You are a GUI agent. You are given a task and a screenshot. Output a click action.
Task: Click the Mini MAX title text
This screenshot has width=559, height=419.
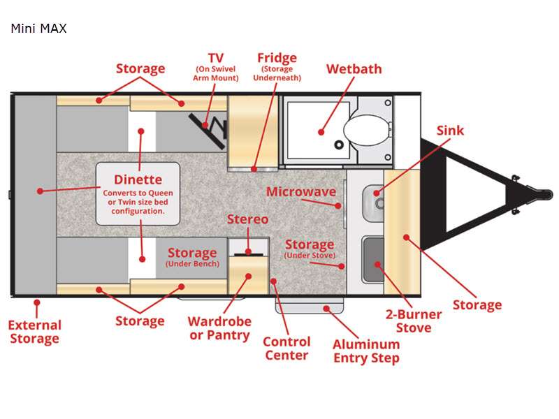(38, 29)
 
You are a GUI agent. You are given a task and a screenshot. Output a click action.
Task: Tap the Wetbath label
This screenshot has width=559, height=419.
(354, 68)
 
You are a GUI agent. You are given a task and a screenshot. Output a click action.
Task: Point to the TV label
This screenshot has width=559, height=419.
(215, 57)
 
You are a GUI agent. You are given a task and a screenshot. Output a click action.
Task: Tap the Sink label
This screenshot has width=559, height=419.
(450, 131)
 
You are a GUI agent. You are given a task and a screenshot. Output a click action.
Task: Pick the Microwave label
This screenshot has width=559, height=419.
(300, 191)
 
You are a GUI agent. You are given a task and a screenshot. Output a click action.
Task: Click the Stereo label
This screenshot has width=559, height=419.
(247, 219)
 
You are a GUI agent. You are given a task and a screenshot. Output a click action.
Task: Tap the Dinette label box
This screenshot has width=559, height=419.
(138, 193)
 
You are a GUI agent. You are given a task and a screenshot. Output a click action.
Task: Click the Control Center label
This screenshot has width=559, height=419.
(286, 348)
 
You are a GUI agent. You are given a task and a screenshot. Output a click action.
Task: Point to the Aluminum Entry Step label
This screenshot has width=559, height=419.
(365, 351)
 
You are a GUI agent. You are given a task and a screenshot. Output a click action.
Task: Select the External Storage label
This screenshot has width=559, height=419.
(35, 332)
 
